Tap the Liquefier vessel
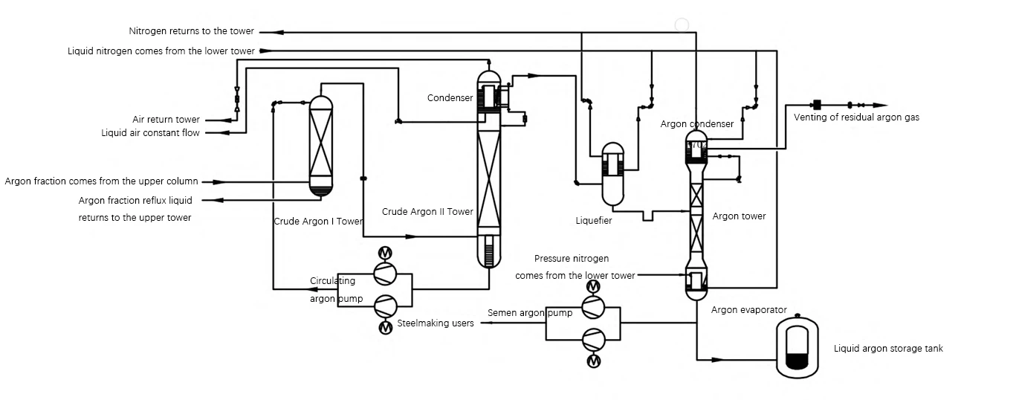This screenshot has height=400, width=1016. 612,175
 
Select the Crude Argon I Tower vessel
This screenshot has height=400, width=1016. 320,146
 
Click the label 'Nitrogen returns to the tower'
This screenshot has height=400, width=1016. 192,31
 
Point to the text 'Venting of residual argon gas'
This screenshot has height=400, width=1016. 856,117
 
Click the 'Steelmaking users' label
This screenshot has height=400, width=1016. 436,323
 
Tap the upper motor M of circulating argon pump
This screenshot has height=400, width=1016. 385,253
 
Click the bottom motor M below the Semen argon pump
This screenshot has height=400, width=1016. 594,361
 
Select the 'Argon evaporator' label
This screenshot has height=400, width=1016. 749,310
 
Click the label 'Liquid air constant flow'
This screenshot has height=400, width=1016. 150,133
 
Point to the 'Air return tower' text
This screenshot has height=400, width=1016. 166,119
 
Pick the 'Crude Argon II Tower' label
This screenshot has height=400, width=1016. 427,212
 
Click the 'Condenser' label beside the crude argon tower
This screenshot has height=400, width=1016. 450,98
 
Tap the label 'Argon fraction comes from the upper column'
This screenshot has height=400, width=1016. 102,181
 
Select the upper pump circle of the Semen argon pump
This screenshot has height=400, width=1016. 593,307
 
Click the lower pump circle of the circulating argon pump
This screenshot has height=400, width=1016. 386,306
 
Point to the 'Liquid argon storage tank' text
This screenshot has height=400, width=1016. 888,349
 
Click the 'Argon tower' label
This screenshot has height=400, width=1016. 739,216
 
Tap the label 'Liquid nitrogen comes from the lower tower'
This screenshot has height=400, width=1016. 161,51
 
